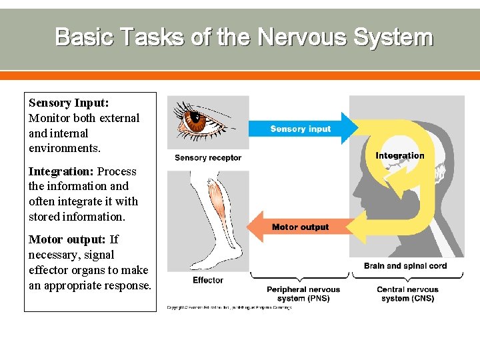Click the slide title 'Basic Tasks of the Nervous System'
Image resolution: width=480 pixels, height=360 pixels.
click(x=244, y=37)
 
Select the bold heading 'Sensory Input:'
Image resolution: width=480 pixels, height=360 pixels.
click(x=69, y=103)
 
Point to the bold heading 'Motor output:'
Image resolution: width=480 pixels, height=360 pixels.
click(x=67, y=239)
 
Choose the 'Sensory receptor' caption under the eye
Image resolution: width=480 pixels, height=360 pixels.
click(x=208, y=158)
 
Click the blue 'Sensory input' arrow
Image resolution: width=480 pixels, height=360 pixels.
click(x=301, y=129)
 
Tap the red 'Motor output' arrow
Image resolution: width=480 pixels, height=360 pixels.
click(x=300, y=227)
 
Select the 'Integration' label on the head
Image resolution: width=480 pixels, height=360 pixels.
click(x=400, y=156)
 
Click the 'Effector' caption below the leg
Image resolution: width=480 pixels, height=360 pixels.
click(x=208, y=280)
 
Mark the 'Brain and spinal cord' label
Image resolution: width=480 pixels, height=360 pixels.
click(x=405, y=266)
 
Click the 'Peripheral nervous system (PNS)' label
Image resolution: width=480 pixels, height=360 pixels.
click(x=303, y=294)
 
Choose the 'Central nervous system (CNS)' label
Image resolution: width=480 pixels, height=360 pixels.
click(x=407, y=294)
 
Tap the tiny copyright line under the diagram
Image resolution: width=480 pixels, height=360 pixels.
click(x=229, y=307)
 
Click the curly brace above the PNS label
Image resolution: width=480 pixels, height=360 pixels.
click(x=300, y=277)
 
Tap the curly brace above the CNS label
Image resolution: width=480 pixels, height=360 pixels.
click(x=408, y=277)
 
